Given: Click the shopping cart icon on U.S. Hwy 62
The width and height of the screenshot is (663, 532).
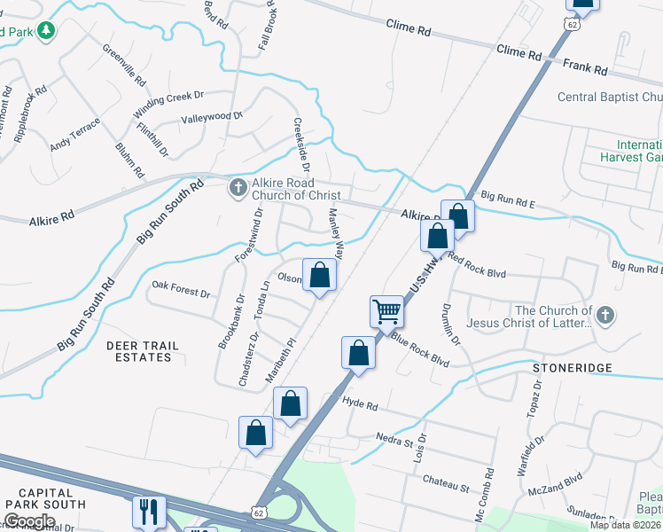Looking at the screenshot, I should click(386, 311).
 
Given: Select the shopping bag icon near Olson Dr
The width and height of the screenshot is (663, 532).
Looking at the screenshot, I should click(320, 274).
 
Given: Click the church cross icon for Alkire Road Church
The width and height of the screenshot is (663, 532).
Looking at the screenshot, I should click(238, 187).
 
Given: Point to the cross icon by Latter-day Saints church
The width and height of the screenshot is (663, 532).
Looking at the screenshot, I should click(604, 316).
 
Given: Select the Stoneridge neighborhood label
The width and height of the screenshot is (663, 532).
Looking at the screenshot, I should click(561, 366).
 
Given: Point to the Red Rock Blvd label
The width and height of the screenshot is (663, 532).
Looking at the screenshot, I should click(476, 266).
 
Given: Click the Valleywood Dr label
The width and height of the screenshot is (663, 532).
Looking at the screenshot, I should click(212, 117).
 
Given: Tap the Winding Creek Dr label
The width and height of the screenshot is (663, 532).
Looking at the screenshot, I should click(168, 104).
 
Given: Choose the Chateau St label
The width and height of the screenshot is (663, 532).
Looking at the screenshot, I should click(445, 487).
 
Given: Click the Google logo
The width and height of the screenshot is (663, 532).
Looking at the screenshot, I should click(29, 521).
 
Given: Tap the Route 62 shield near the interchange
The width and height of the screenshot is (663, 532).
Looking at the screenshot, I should click(258, 513).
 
